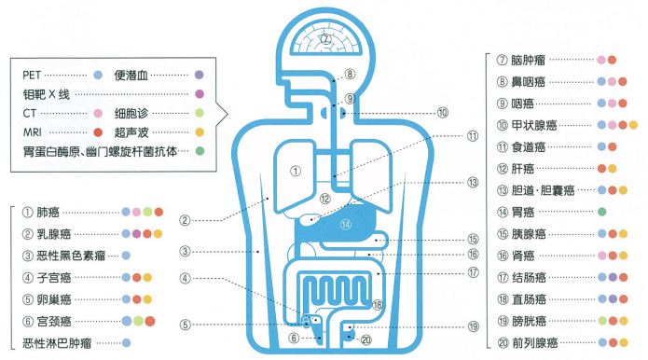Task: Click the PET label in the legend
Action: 32,75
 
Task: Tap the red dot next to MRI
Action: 98,132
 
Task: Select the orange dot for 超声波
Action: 200,132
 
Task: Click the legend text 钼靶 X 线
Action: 47,94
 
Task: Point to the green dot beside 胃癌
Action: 602,212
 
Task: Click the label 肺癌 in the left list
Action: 48,213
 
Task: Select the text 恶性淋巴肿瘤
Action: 57,343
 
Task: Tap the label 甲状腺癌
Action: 534,125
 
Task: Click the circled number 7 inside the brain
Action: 326,39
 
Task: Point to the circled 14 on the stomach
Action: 346,225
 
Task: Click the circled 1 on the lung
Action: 296,171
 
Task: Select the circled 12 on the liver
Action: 325,199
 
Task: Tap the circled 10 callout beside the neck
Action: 443,113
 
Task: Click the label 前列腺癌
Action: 535,342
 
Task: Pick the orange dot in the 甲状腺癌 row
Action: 633,125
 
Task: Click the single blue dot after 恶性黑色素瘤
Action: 126,256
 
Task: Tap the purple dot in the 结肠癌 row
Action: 613,277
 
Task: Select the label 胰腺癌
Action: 529,234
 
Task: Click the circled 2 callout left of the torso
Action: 185,220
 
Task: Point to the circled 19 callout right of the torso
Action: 474,326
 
